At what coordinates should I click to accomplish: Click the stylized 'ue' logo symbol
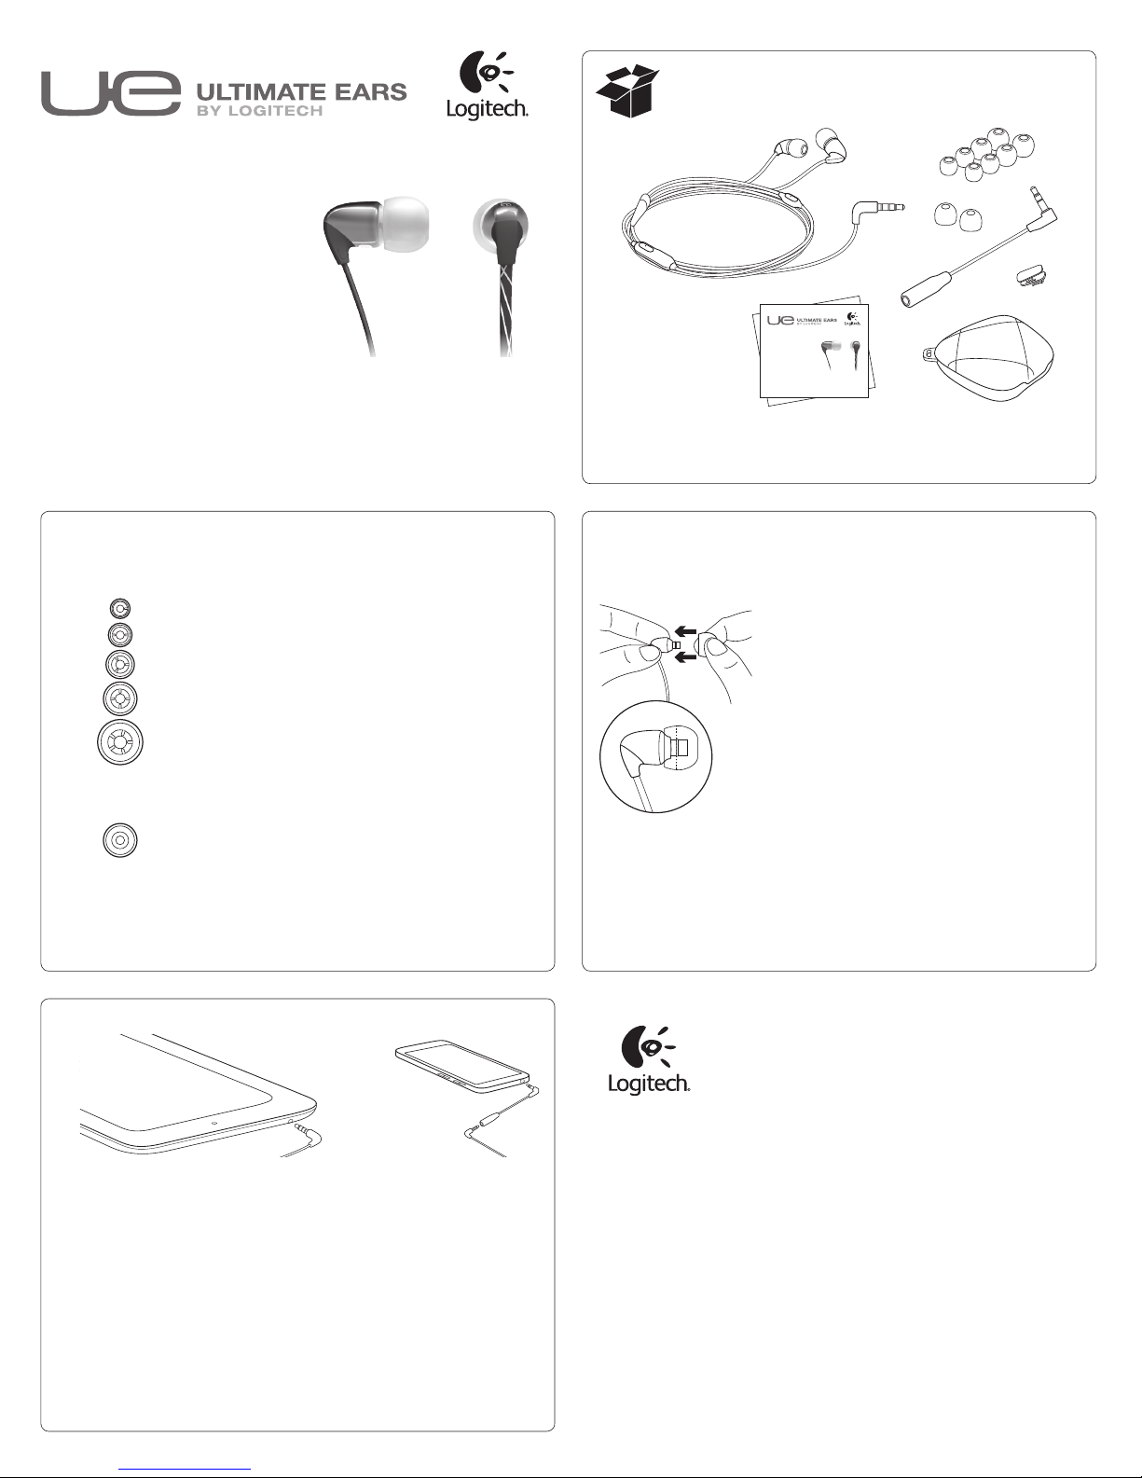pyautogui.click(x=111, y=94)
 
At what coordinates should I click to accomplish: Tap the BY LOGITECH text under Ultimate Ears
pyautogui.click(x=260, y=112)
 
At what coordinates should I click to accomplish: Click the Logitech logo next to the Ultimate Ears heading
pyautogui.click(x=487, y=86)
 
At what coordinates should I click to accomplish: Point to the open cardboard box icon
pyautogui.click(x=627, y=91)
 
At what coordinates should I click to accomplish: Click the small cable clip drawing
pyautogui.click(x=1033, y=275)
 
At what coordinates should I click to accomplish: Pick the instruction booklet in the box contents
pyautogui.click(x=814, y=351)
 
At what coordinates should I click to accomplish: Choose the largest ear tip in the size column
pyautogui.click(x=120, y=741)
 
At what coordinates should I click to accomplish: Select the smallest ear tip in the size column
pyautogui.click(x=119, y=607)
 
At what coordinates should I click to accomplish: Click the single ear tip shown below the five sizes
pyautogui.click(x=119, y=840)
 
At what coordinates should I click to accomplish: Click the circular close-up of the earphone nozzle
pyautogui.click(x=656, y=757)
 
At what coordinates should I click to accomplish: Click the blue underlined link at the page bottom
pyautogui.click(x=185, y=1470)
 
